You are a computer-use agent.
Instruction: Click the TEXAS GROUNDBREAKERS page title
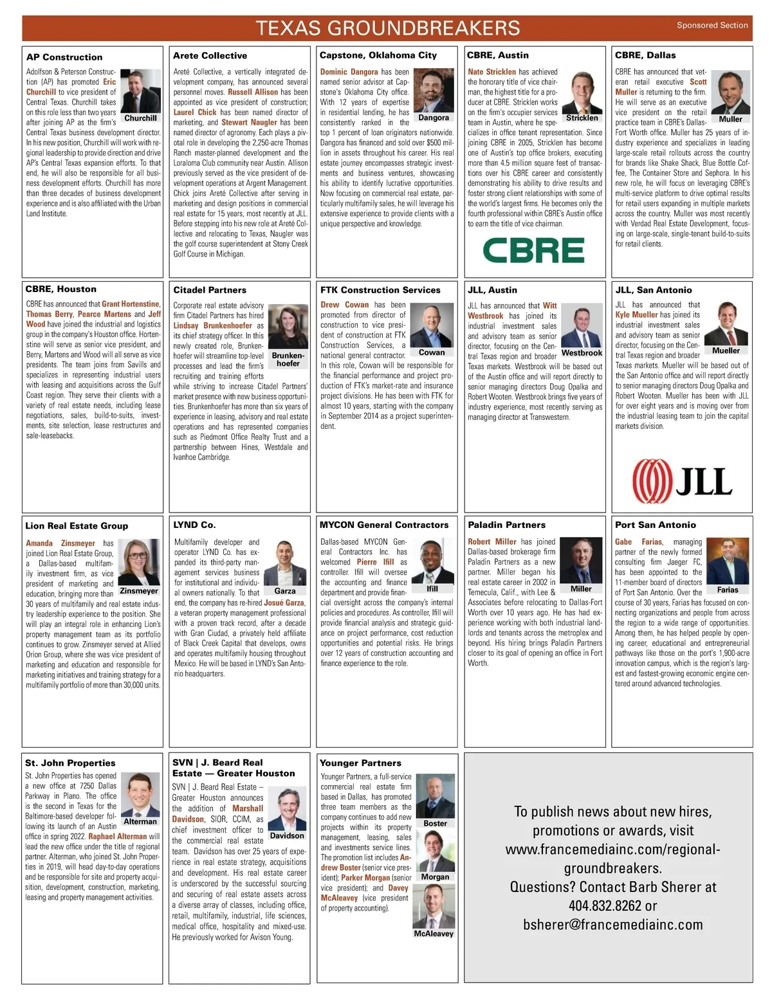pyautogui.click(x=387, y=28)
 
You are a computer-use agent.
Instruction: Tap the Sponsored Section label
pyautogui.click(x=712, y=26)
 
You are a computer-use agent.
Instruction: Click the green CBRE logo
pyautogui.click(x=533, y=250)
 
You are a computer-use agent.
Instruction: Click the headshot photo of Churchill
pyautogui.click(x=141, y=91)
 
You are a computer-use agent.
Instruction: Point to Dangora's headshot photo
pyautogui.click(x=434, y=91)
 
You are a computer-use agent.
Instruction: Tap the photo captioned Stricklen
pyautogui.click(x=582, y=91)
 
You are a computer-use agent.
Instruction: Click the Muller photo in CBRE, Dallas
pyautogui.click(x=730, y=91)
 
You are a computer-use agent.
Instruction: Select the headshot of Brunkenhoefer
pyautogui.click(x=288, y=327)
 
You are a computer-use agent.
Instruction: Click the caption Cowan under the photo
pyautogui.click(x=432, y=352)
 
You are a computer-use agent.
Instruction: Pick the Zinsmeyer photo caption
pyautogui.click(x=139, y=591)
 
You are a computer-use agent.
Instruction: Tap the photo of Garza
pyautogui.click(x=285, y=562)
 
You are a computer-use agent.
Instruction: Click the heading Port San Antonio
pyautogui.click(x=655, y=525)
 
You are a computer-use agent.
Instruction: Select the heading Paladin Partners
pyautogui.click(x=506, y=525)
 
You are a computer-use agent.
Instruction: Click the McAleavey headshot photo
pyautogui.click(x=434, y=906)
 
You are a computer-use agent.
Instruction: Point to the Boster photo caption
pyautogui.click(x=435, y=823)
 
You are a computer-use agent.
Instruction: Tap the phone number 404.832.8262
pyautogui.click(x=605, y=905)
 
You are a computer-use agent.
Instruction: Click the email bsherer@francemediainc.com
pyautogui.click(x=612, y=924)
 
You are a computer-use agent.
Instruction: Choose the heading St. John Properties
pyautogui.click(x=70, y=763)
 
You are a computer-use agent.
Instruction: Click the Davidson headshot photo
pyautogui.click(x=287, y=808)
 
